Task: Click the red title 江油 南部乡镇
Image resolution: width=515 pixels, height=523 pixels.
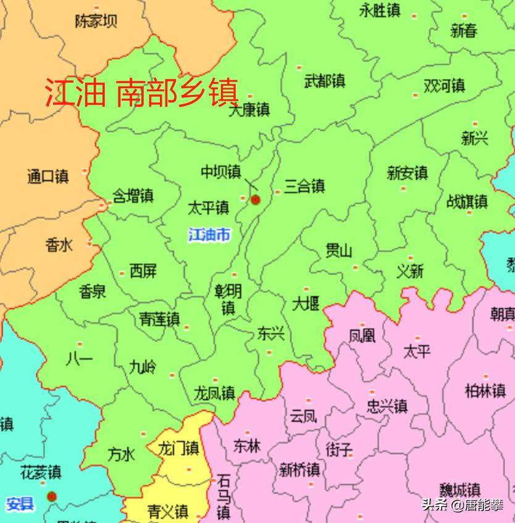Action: point(141,93)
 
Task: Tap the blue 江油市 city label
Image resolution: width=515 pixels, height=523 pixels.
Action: point(209,234)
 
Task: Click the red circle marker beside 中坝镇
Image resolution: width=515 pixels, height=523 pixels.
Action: point(256,199)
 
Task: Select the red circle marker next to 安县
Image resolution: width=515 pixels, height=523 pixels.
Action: point(52,496)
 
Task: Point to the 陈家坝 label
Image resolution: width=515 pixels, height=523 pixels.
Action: point(96,22)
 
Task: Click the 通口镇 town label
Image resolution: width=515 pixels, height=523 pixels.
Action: point(48,176)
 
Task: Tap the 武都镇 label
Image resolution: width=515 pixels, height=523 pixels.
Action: point(325,80)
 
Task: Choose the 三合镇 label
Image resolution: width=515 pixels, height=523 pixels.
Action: point(304,186)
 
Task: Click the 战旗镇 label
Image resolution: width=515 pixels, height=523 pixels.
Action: point(467,201)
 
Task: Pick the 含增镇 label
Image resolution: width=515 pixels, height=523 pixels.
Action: point(133,196)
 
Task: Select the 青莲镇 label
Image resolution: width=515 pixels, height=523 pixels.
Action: point(159,319)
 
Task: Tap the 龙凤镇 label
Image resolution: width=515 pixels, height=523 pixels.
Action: point(214,392)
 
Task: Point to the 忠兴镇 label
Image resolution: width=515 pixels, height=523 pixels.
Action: point(387,406)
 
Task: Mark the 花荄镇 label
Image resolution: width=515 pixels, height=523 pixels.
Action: point(41,472)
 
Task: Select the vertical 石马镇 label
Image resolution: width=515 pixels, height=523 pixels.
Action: point(223,496)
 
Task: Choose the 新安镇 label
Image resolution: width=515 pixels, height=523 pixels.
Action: point(408,172)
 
